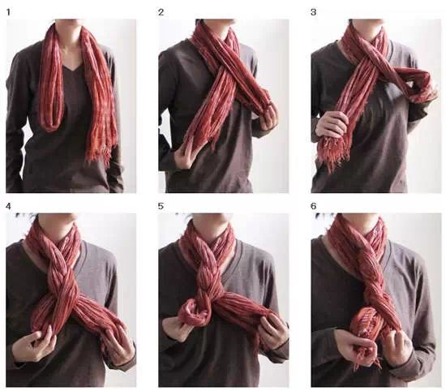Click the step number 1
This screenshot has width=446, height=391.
(x=8, y=12)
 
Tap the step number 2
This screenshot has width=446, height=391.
(x=161, y=12)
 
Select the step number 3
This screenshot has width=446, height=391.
(x=314, y=12)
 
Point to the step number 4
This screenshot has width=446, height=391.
(x=8, y=206)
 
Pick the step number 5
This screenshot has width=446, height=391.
(x=161, y=206)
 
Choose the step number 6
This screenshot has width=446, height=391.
(x=314, y=206)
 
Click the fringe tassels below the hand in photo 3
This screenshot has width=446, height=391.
(x=332, y=153)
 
